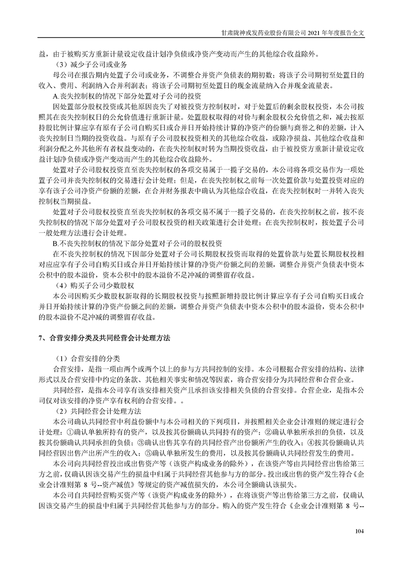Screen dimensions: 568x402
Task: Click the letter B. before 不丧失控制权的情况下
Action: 56,241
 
